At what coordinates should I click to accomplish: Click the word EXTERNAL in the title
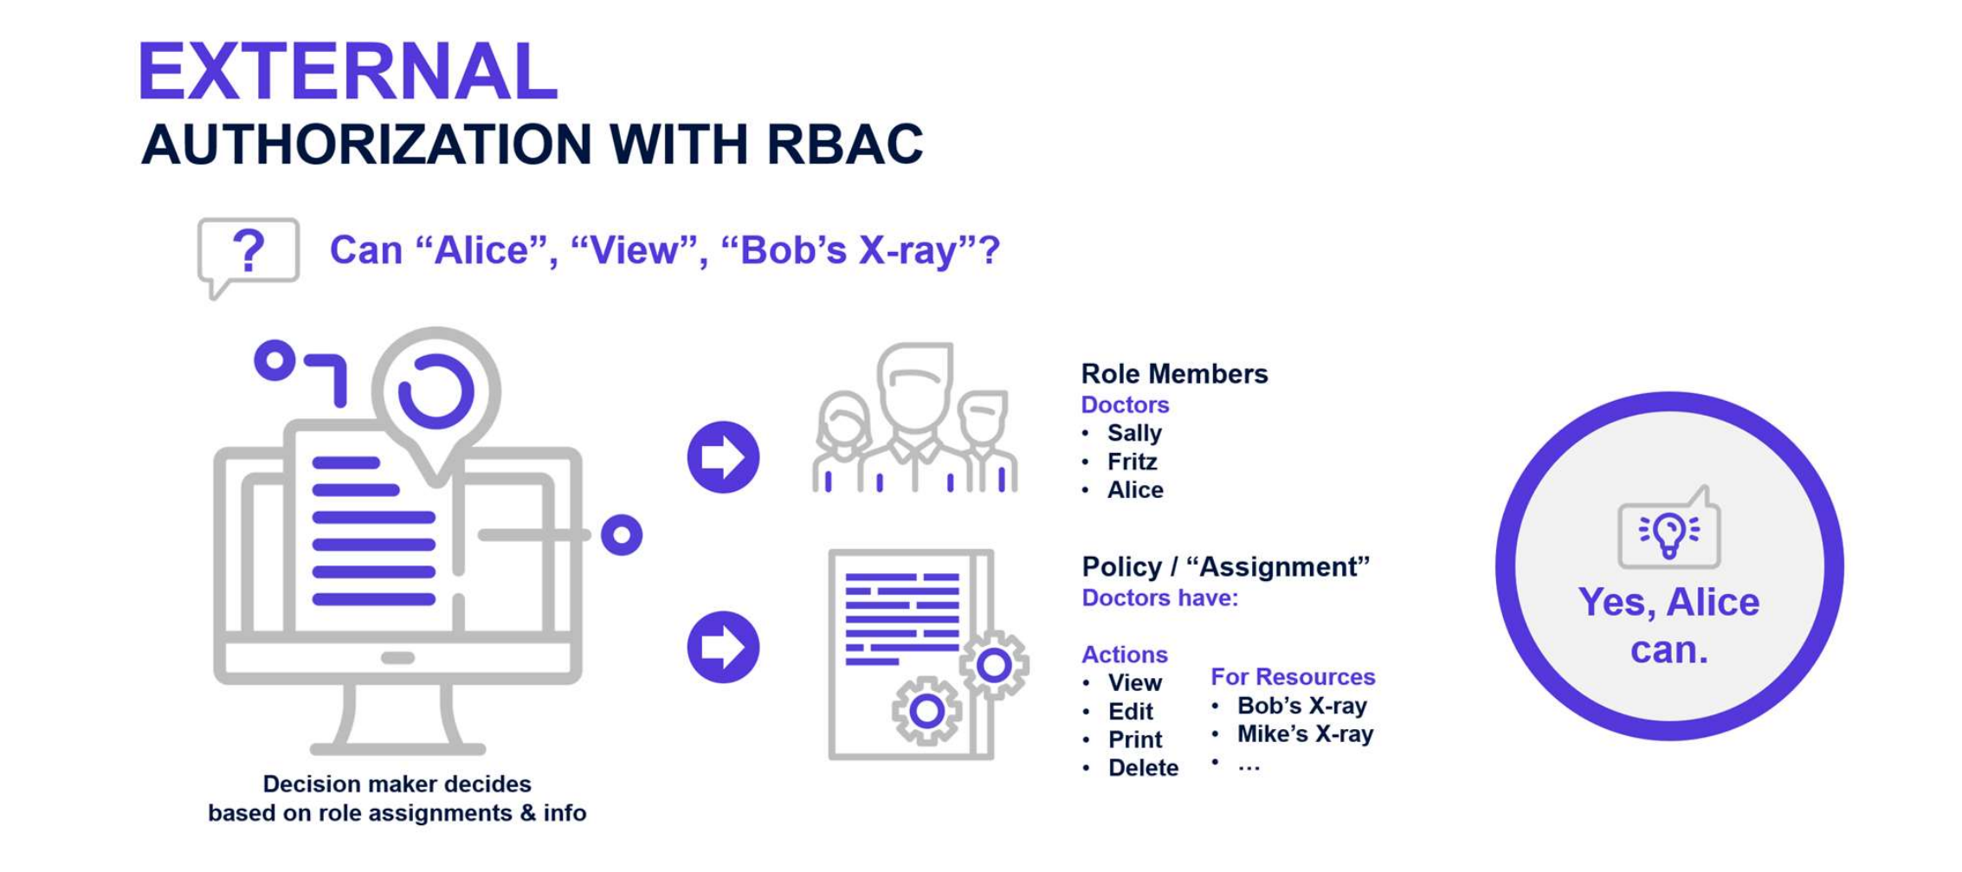point(347,73)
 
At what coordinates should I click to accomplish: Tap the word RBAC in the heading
point(844,144)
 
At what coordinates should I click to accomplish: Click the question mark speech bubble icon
point(248,255)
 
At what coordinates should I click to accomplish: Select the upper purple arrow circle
point(723,457)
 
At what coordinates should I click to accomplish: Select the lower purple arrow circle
point(723,647)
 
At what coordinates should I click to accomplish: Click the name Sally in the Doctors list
point(1133,433)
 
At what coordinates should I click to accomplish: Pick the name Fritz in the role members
point(1132,462)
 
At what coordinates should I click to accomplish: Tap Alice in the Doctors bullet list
point(1134,490)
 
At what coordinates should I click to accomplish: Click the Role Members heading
point(1174,374)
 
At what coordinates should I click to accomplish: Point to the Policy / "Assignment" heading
point(1225,567)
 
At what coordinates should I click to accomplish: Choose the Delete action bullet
point(1142,768)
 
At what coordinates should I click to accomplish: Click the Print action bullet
point(1134,740)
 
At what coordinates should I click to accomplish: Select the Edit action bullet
point(1130,711)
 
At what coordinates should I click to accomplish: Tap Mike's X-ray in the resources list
point(1304,734)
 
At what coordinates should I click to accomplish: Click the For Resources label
point(1292,676)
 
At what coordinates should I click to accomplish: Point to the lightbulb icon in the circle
point(1668,532)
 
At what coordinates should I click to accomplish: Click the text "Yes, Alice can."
point(1668,625)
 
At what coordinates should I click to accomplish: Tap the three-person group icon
point(914,420)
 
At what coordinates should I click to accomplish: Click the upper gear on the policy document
point(994,665)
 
